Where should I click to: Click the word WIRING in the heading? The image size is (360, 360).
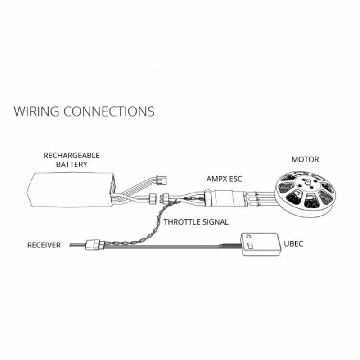[x=36, y=111]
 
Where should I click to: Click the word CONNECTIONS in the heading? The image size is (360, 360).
[x=109, y=111]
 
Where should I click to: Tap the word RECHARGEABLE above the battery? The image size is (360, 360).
[x=72, y=156]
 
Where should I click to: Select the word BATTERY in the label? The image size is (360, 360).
[x=72, y=164]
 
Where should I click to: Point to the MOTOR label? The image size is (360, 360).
[x=305, y=160]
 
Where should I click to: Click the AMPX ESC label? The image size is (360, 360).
[x=224, y=179]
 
